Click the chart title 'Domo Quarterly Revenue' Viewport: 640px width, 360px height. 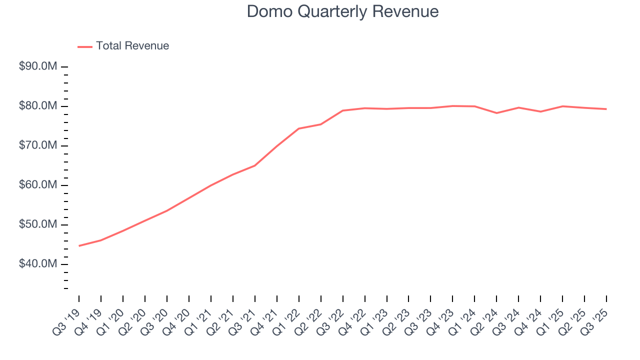click(343, 11)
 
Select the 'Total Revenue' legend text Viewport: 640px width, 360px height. click(132, 46)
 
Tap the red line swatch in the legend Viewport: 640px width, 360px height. click(85, 46)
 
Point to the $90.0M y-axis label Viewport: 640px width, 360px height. click(38, 66)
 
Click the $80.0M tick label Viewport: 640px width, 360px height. click(38, 106)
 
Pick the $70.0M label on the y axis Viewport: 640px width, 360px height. click(38, 145)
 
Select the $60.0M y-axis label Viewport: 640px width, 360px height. click(38, 185)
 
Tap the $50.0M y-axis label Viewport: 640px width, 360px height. click(38, 224)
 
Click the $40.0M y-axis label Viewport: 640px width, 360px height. click(38, 264)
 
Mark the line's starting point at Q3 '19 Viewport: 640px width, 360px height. click(79, 246)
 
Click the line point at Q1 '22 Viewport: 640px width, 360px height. click(298, 128)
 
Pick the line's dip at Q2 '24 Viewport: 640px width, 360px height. click(496, 113)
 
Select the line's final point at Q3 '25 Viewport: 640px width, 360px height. click(606, 109)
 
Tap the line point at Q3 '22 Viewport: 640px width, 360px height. click(342, 110)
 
